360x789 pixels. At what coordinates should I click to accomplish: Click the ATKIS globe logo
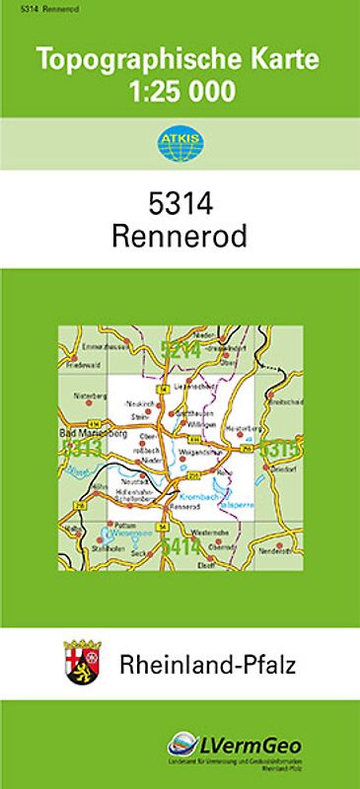click(x=179, y=143)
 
